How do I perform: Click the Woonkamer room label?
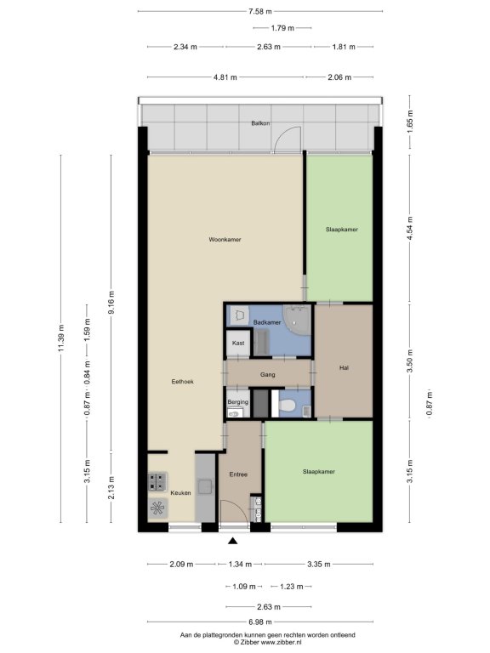pos(225,240)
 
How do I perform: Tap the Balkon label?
pos(260,123)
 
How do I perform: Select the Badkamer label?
pos(267,322)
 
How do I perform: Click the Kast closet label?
pos(238,343)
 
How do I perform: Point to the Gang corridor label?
pos(267,375)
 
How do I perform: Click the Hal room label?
pos(344,367)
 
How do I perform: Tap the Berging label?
pos(238,402)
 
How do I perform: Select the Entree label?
pos(238,474)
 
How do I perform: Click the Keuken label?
pos(181,492)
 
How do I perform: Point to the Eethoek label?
pos(183,382)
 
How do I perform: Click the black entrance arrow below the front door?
pos(232,541)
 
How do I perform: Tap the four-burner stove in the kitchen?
pos(158,482)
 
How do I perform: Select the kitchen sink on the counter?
pos(205,486)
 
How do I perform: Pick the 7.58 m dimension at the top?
pos(260,12)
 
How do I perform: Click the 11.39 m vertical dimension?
pos(61,338)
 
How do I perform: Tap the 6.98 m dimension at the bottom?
pos(260,622)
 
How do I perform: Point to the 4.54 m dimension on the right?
pos(409,228)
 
